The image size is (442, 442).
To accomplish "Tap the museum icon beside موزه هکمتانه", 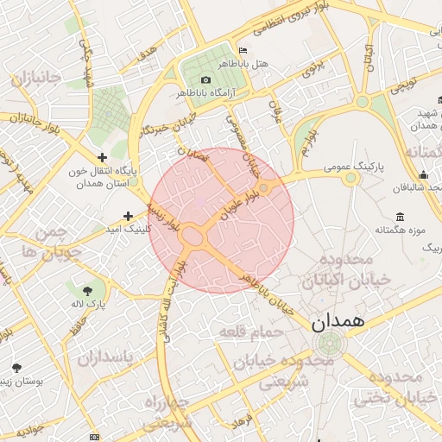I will pyautogui.click(x=399, y=216).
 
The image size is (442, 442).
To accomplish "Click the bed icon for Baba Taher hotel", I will pyautogui.click(x=242, y=51).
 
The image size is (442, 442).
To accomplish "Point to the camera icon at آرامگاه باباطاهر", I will pyautogui.click(x=205, y=79).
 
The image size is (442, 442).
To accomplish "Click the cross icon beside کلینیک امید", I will pyautogui.click(x=129, y=216).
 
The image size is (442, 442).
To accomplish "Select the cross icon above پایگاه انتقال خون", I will pyautogui.click(x=103, y=157).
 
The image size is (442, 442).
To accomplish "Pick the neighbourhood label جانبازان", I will pyautogui.click(x=36, y=79).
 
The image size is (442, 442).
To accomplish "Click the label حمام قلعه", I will pyautogui.click(x=245, y=331).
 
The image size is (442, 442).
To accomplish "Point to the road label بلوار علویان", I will pyautogui.click(x=240, y=200).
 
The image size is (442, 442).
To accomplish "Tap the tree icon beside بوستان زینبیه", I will pyautogui.click(x=16, y=368).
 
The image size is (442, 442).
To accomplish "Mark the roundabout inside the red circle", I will pyautogui.click(x=193, y=236).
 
